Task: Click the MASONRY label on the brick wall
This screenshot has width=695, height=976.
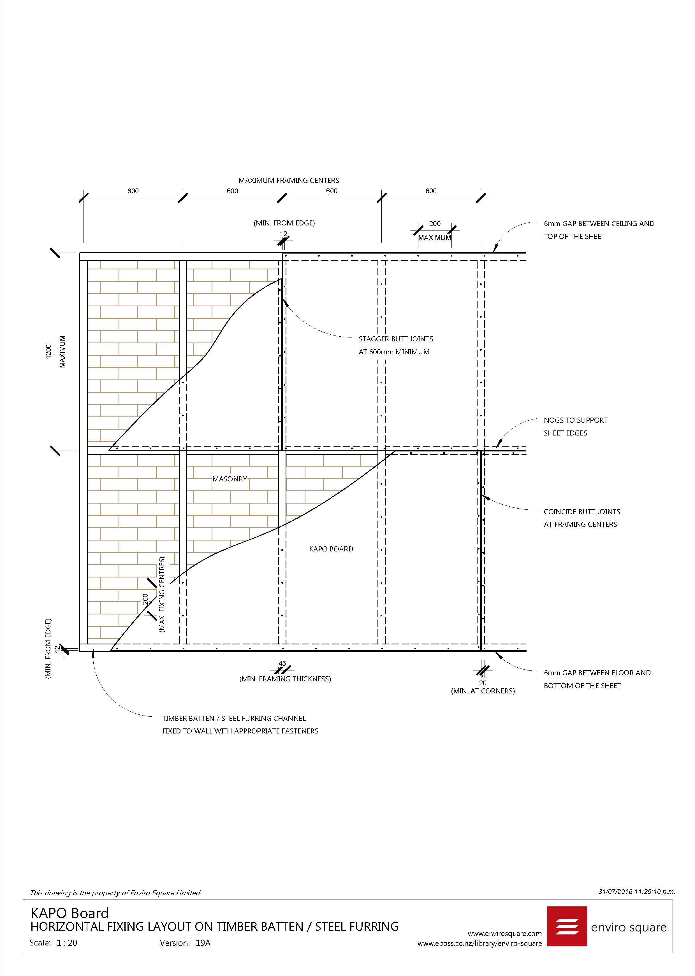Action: pos(230,479)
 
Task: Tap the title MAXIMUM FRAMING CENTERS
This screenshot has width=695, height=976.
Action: pos(289,180)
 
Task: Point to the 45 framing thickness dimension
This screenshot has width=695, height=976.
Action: pos(282,663)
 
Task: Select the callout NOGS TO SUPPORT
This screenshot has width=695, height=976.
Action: pos(576,420)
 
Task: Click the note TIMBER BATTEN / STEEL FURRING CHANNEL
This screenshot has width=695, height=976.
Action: pos(234,719)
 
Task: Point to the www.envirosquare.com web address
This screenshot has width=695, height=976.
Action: pos(504,934)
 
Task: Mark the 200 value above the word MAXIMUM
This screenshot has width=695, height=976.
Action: pos(435,224)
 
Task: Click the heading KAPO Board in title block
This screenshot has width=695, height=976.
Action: pos(69,913)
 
